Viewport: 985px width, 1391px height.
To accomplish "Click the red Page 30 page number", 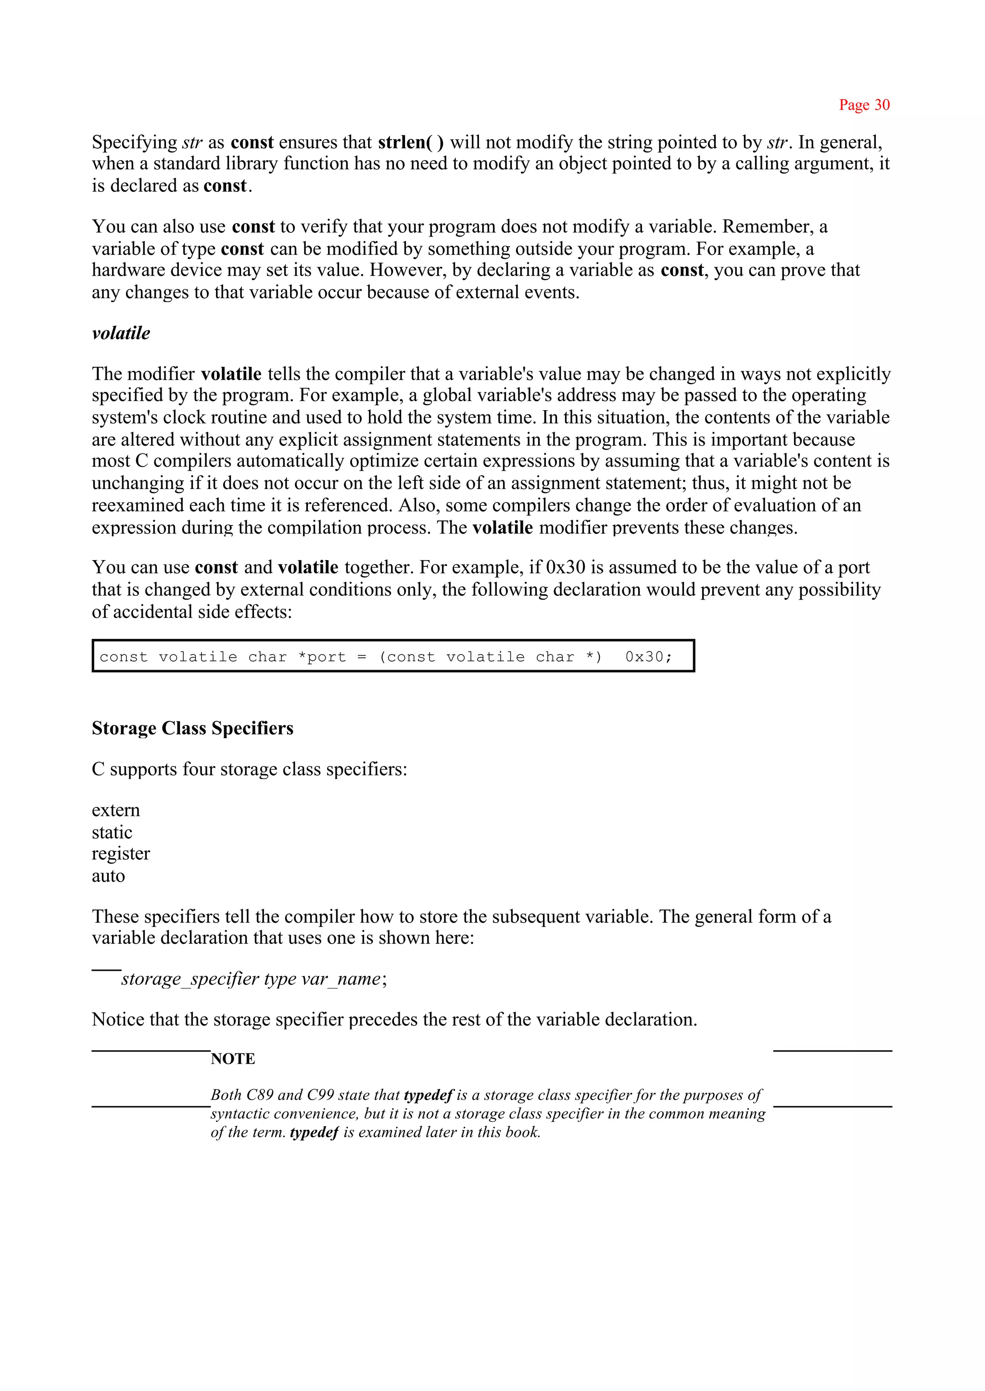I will pos(864,105).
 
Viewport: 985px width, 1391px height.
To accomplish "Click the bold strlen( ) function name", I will pos(411,142).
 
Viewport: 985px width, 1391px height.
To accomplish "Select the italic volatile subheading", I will pos(121,333).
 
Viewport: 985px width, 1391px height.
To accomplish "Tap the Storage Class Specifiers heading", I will pos(192,728).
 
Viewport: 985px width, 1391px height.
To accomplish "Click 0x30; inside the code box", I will pos(648,657).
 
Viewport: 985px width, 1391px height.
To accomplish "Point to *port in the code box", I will pos(321,657).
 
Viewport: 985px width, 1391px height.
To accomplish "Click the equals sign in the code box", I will pos(362,657).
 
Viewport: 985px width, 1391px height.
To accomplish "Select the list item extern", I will pos(116,810).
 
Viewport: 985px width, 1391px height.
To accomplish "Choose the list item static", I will pos(112,832).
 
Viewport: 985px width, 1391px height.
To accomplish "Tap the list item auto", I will pos(108,876).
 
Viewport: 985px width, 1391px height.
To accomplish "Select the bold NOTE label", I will pos(233,1059).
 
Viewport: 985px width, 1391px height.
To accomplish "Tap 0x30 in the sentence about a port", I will pos(565,567).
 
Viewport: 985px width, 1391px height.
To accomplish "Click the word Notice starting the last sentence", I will pos(118,1019).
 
